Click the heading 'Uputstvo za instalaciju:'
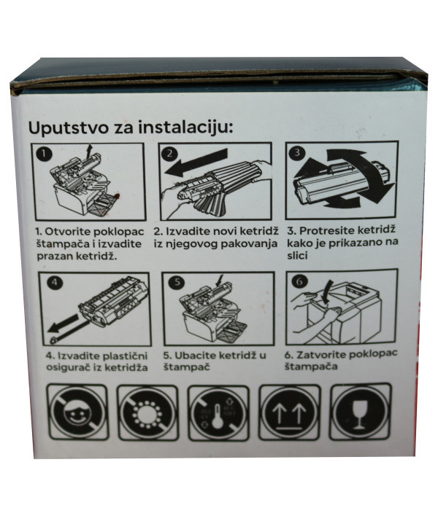click(x=130, y=128)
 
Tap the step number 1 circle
click(x=44, y=154)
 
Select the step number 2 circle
click(x=169, y=154)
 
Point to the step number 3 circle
click(x=296, y=153)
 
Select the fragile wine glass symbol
click(x=358, y=412)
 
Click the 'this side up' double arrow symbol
click(x=287, y=413)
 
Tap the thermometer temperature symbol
click(x=217, y=413)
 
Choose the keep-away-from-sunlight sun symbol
click(x=147, y=413)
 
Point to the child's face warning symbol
click(x=77, y=413)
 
